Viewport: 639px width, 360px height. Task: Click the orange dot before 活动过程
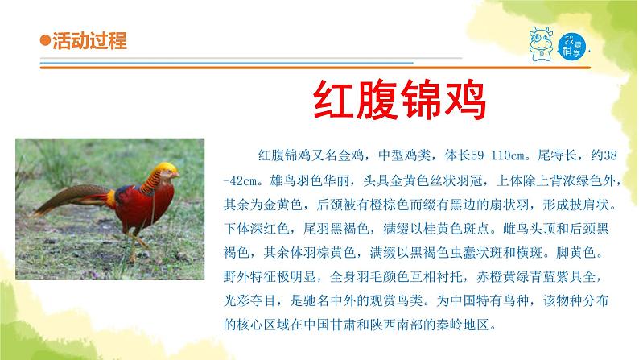click(x=45, y=42)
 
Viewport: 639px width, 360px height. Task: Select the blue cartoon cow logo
click(x=541, y=42)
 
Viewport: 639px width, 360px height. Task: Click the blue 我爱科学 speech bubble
click(x=571, y=43)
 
